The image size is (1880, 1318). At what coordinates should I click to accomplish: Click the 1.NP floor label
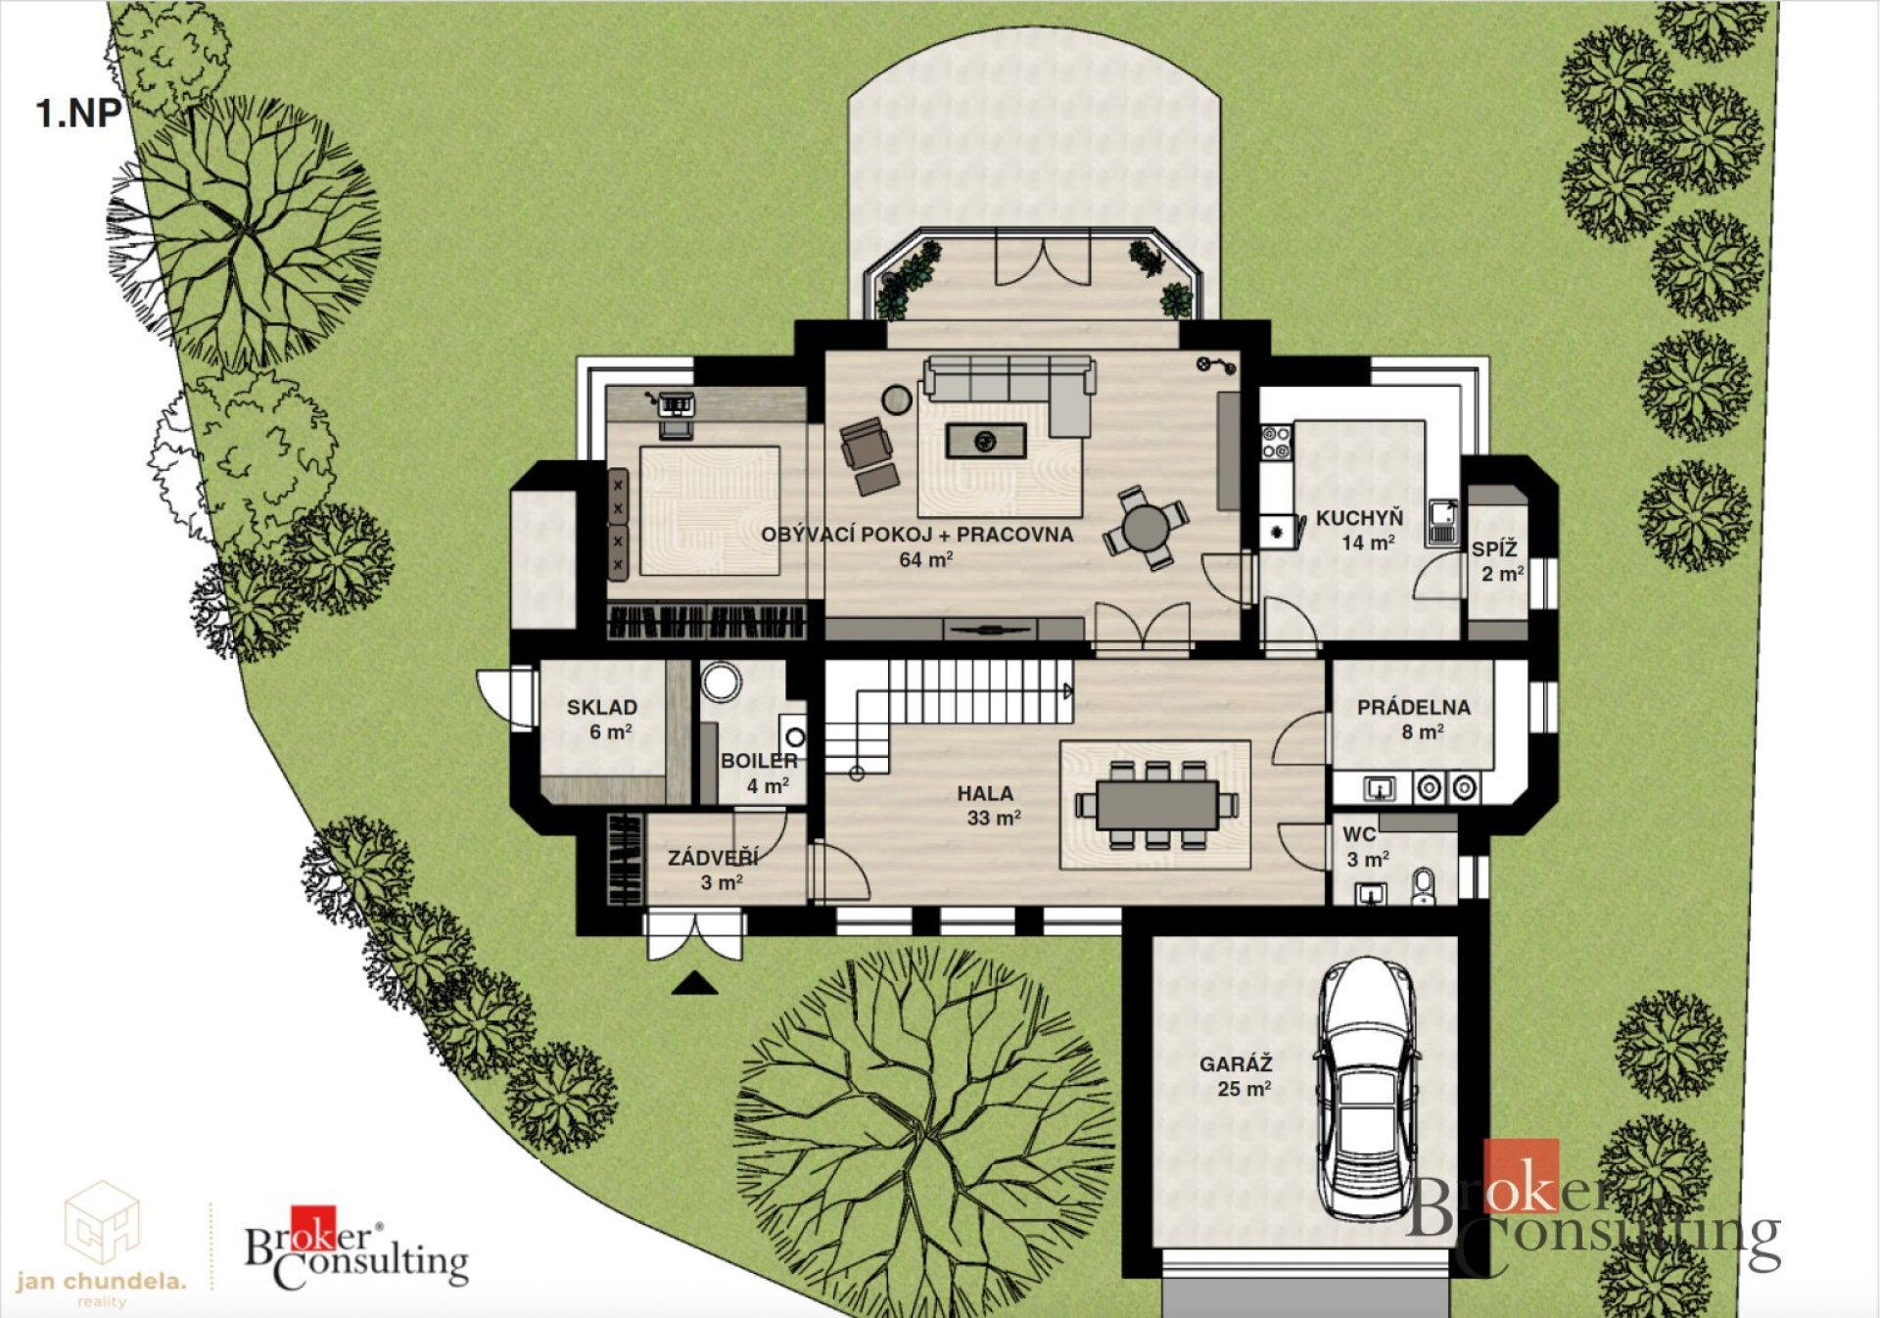click(x=78, y=114)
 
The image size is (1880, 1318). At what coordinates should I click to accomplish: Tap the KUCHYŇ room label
click(x=1359, y=518)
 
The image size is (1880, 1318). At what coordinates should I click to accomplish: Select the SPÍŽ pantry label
click(x=1494, y=548)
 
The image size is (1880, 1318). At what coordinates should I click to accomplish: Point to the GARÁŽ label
click(x=1236, y=1063)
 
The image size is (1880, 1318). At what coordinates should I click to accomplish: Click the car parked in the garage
click(x=1367, y=1087)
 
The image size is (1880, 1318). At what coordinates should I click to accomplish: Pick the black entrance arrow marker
click(x=695, y=983)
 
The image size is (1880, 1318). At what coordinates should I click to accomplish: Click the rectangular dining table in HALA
click(x=1156, y=805)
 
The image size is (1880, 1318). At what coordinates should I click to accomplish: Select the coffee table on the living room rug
click(x=986, y=442)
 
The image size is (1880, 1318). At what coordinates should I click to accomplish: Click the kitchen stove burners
click(x=1276, y=443)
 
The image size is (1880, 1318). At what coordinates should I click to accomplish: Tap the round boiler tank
click(x=722, y=683)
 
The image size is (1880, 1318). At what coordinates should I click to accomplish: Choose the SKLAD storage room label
click(x=602, y=707)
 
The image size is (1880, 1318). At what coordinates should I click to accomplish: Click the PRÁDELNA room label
click(x=1414, y=707)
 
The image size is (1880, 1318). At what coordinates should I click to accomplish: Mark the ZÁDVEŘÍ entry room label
click(x=713, y=858)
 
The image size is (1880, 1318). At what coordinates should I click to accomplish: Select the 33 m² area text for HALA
click(x=994, y=818)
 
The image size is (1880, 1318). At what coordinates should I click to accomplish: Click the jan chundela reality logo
click(x=101, y=1244)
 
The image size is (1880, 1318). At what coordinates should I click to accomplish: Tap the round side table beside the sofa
click(x=896, y=399)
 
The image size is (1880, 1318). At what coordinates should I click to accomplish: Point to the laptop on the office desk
click(x=676, y=403)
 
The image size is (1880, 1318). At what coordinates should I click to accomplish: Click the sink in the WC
click(x=1371, y=893)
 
